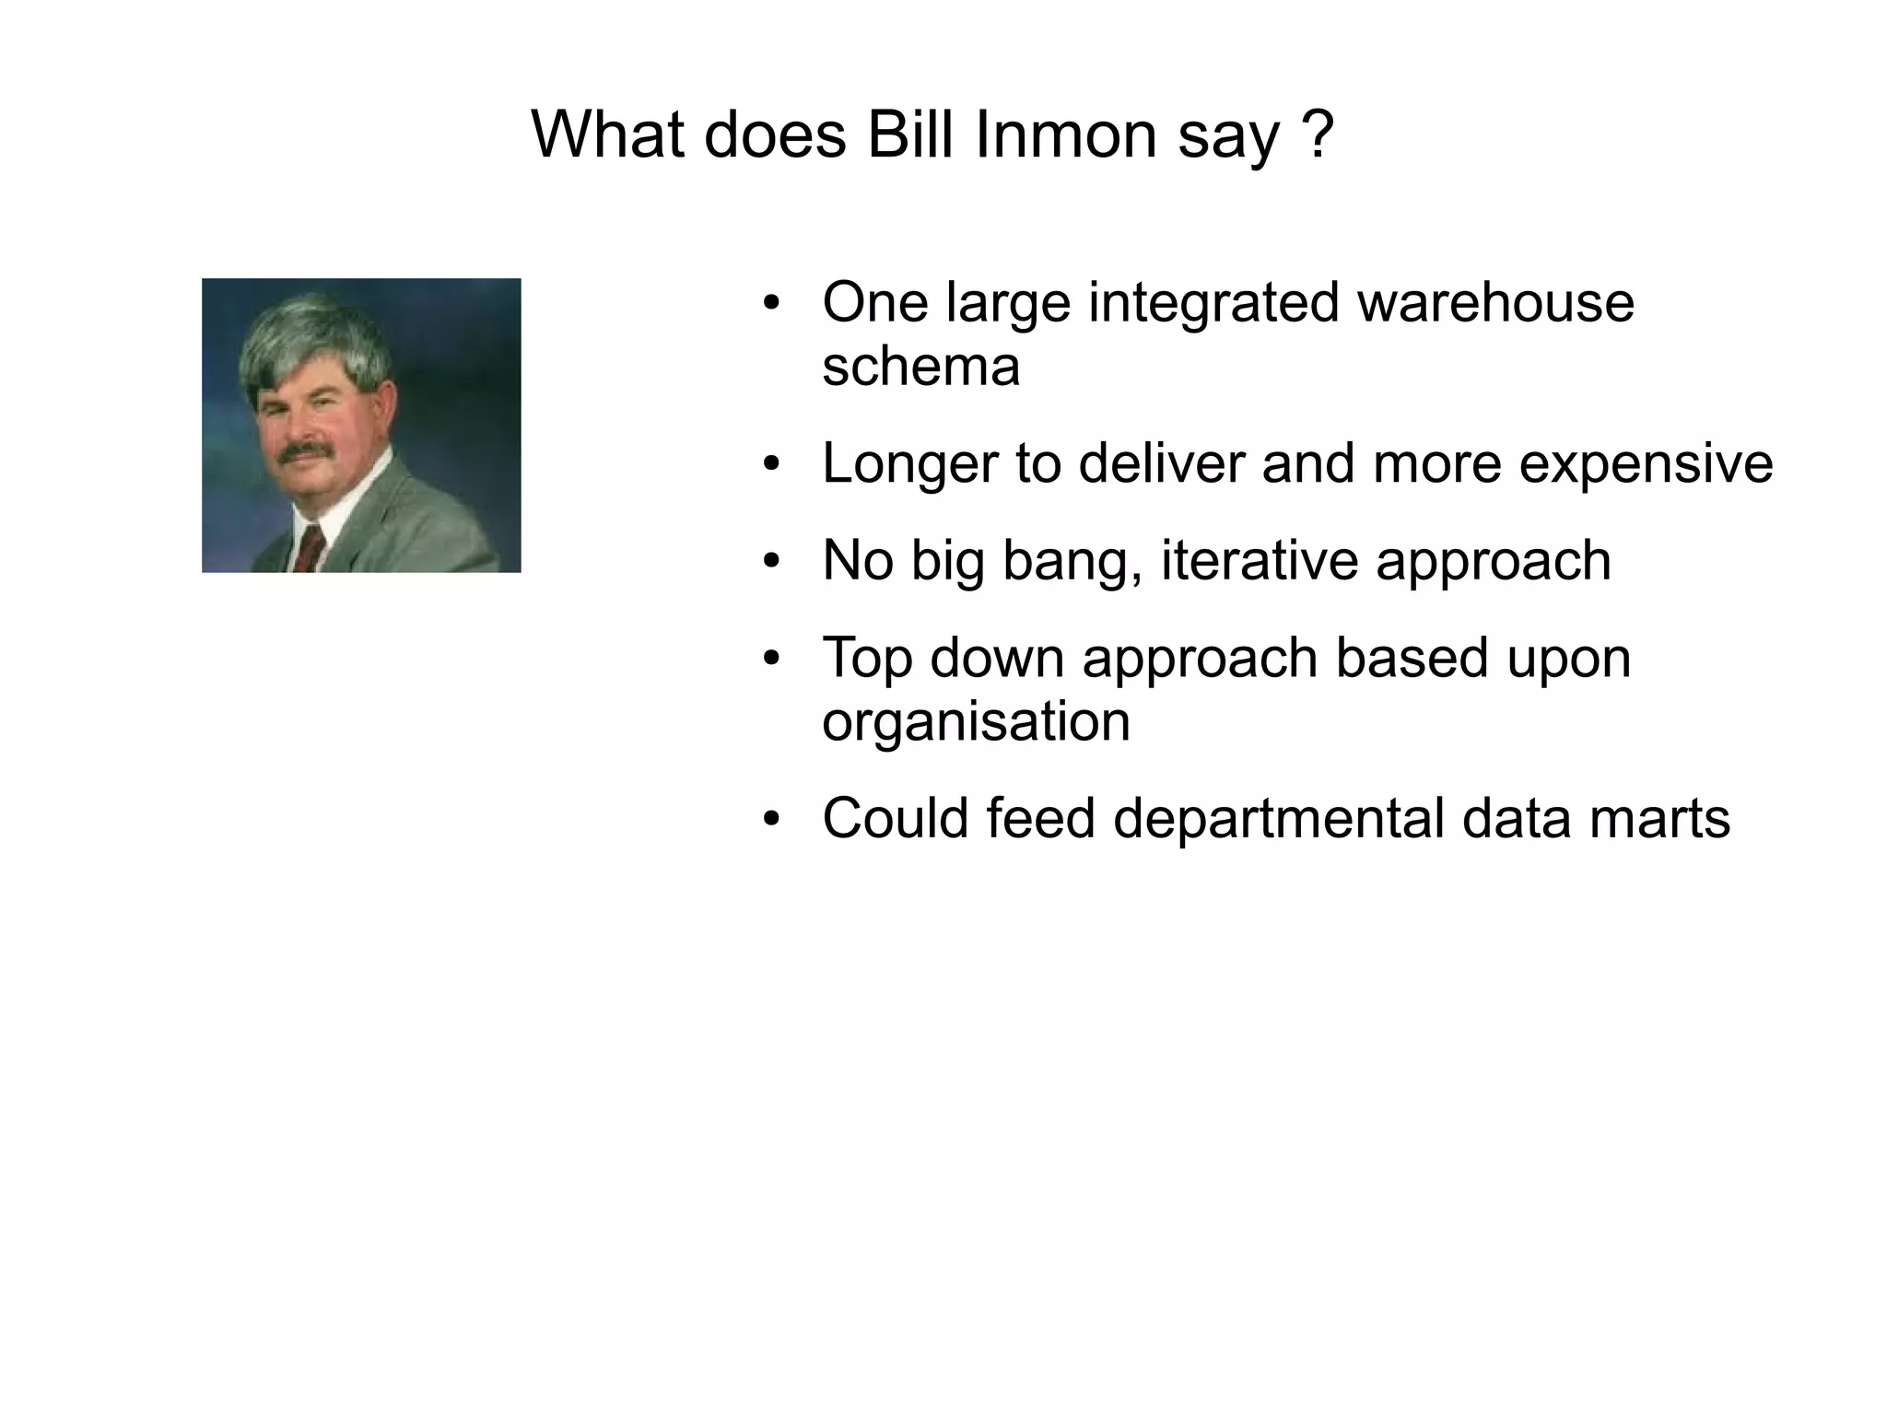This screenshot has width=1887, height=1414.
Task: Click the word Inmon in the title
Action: pos(1064,134)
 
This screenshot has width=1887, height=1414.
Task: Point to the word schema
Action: pos(920,367)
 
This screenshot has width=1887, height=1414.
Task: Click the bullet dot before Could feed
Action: pos(772,819)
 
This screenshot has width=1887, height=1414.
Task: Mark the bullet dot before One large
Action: pos(772,303)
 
